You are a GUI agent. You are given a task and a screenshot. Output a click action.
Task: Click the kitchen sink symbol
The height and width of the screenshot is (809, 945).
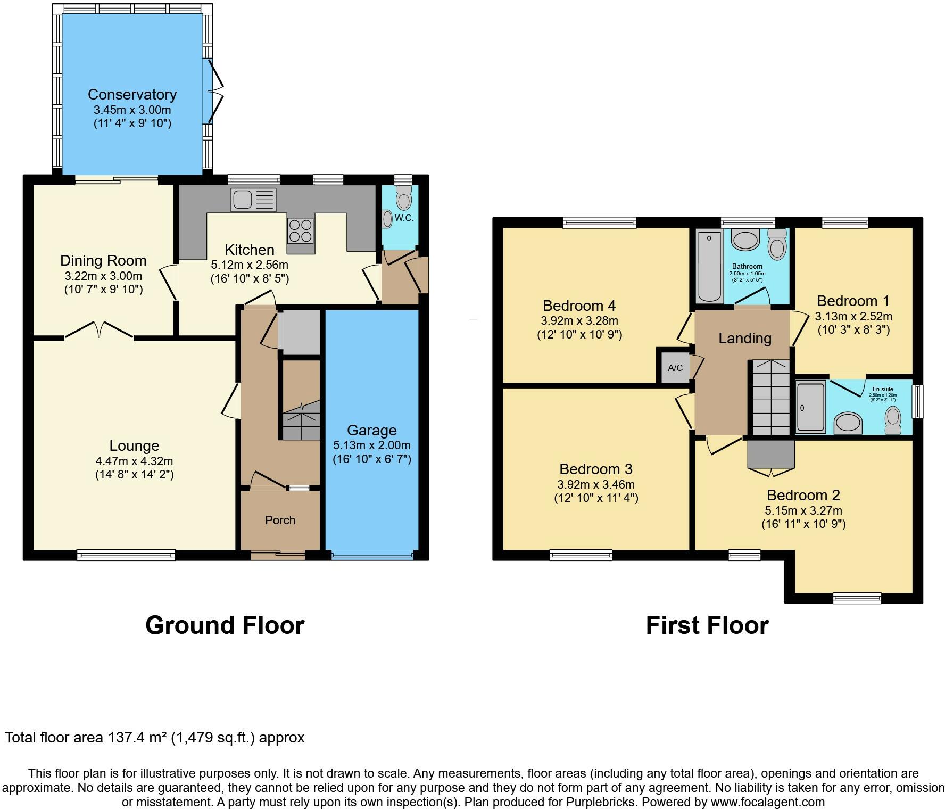[253, 200]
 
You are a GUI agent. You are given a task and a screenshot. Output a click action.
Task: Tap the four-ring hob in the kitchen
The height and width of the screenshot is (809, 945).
[300, 231]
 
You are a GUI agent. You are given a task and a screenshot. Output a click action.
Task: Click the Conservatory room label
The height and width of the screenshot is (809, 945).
[132, 95]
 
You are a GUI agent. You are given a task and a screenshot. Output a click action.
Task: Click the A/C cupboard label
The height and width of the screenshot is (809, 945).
[675, 368]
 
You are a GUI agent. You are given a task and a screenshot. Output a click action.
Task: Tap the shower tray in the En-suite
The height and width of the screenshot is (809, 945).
[810, 407]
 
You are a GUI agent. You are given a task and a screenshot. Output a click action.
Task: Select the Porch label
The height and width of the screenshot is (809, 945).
[280, 521]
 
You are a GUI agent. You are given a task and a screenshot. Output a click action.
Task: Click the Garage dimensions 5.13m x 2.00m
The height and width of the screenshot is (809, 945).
[372, 445]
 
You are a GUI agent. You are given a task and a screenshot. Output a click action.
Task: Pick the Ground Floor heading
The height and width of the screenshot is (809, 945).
[225, 625]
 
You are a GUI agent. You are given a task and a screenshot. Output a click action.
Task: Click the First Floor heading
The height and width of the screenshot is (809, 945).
[707, 625]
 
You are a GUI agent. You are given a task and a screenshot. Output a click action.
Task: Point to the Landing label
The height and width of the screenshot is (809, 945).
[744, 339]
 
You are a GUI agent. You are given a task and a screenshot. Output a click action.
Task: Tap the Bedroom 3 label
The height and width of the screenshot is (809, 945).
[595, 469]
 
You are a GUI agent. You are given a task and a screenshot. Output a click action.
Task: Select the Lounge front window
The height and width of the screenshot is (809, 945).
[126, 555]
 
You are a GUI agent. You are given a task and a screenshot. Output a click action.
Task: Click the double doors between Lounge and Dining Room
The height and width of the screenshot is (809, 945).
[99, 330]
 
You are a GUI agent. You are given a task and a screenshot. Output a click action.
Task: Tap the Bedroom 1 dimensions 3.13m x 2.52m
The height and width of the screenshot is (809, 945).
[853, 317]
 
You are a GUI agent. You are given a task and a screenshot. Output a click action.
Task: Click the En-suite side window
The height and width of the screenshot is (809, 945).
[918, 402]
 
